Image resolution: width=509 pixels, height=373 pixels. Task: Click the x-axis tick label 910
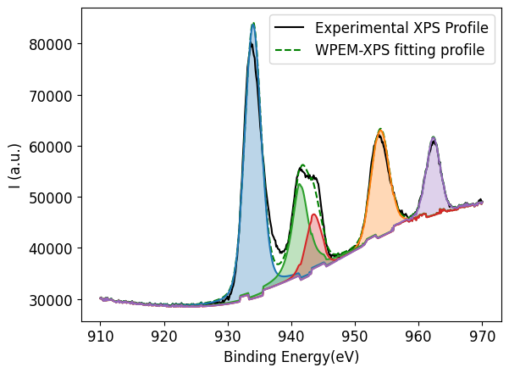pyautogui.click(x=100, y=333)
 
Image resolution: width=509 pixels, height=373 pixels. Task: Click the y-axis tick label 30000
pyautogui.click(x=53, y=300)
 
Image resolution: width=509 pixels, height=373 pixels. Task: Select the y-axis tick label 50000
pyautogui.click(x=53, y=198)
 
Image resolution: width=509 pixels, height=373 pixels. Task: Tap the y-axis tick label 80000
pyautogui.click(x=53, y=44)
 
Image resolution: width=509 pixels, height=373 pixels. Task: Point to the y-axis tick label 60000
pyautogui.click(x=53, y=147)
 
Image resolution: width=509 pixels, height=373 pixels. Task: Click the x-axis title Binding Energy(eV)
pyautogui.click(x=291, y=357)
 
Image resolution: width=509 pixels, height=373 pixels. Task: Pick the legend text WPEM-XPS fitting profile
pyautogui.click(x=394, y=50)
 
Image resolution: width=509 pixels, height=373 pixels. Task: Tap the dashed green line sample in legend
pyautogui.click(x=288, y=50)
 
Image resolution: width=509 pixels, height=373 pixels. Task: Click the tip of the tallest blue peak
pyautogui.click(x=253, y=24)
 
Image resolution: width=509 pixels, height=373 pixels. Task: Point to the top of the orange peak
pyautogui.click(x=380, y=130)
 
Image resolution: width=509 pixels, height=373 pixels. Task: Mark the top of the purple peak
pyautogui.click(x=434, y=137)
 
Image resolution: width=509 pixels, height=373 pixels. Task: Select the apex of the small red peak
pyautogui.click(x=313, y=214)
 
